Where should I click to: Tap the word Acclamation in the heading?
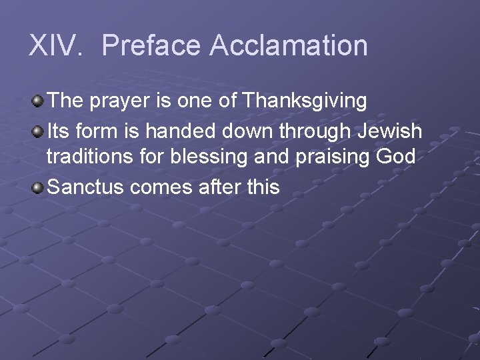288,46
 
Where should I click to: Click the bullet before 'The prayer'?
38,101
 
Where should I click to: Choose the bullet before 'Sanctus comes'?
38,187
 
